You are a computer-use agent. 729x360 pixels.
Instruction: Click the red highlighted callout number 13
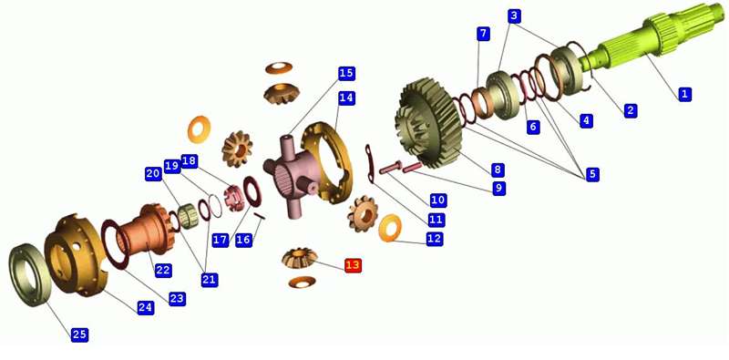[x=353, y=265]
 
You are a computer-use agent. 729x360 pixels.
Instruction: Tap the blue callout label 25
[x=79, y=334]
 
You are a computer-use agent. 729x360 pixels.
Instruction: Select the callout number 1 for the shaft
[x=683, y=94]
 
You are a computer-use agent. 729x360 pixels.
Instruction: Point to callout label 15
[x=346, y=74]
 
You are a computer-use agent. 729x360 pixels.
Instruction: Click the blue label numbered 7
[x=483, y=34]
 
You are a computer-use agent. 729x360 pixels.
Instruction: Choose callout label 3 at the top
[x=513, y=16]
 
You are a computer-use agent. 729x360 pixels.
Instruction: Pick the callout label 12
[x=435, y=239]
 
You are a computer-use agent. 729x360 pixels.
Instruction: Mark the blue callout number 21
[x=210, y=279]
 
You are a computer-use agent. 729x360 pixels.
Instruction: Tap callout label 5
[x=591, y=174]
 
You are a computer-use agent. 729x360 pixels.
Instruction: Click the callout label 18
[x=189, y=161]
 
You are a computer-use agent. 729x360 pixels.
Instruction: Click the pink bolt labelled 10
[x=391, y=168]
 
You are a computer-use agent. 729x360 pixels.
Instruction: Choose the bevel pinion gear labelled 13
[x=300, y=258]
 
